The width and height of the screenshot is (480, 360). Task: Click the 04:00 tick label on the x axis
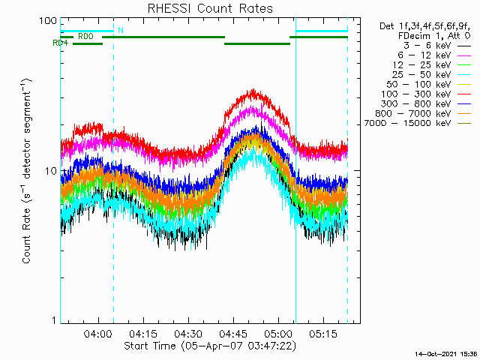coord(99,333)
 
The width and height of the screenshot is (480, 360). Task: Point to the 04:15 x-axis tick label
coord(143,333)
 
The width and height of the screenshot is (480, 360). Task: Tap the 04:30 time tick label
coord(187,333)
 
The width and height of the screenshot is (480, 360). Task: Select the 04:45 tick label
coord(232,333)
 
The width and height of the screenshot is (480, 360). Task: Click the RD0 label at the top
coord(85,35)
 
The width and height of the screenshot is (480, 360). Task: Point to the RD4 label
coord(61,43)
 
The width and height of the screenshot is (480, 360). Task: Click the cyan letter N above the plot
coord(120,30)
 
